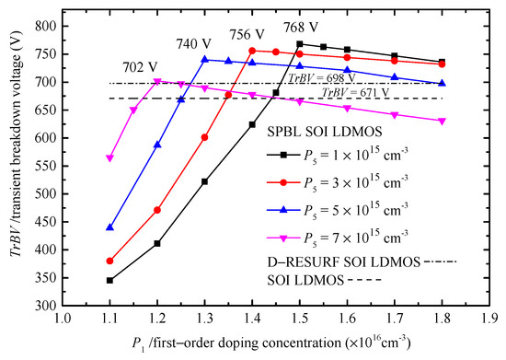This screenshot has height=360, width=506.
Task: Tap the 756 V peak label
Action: pyautogui.click(x=251, y=32)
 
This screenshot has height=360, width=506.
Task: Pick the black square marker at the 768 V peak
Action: pyautogui.click(x=300, y=44)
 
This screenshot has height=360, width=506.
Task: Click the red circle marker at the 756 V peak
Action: pyautogui.click(x=252, y=51)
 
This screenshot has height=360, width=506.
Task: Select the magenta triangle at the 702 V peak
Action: pyautogui.click(x=157, y=81)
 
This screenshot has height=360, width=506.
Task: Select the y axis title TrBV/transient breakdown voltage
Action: pyautogui.click(x=13, y=162)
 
